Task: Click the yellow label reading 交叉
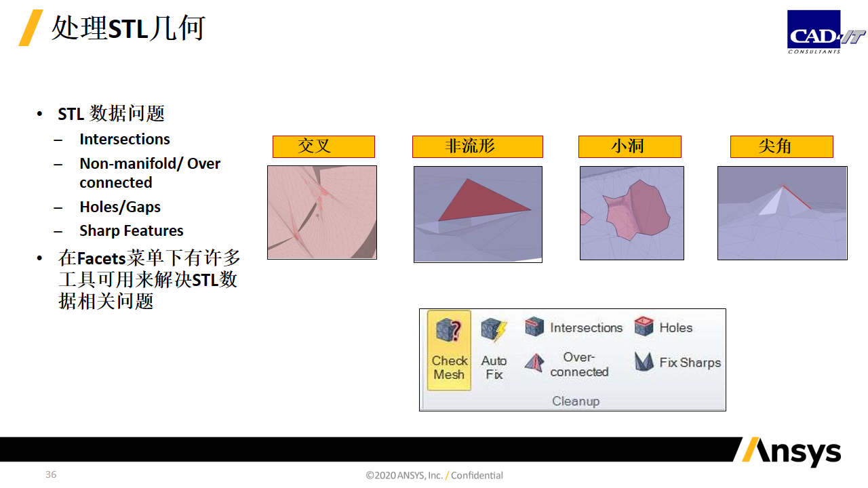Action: (x=323, y=146)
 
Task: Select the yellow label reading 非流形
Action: (x=477, y=146)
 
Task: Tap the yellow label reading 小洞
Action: (x=630, y=146)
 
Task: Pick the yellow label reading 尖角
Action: (x=782, y=146)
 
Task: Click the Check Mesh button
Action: (x=449, y=350)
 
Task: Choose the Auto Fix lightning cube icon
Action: (x=494, y=329)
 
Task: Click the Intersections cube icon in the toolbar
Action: (x=534, y=327)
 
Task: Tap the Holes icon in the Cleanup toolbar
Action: (x=644, y=327)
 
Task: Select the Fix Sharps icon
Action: (x=644, y=362)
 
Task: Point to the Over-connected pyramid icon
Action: (x=534, y=363)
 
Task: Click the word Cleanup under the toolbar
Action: (x=576, y=401)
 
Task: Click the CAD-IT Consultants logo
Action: (x=826, y=32)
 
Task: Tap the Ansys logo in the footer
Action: (x=791, y=451)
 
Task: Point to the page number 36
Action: (x=51, y=474)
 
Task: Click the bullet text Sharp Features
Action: (x=132, y=231)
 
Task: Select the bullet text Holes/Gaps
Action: (x=120, y=207)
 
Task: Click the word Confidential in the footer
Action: (x=477, y=475)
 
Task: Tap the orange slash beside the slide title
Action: (x=31, y=28)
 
